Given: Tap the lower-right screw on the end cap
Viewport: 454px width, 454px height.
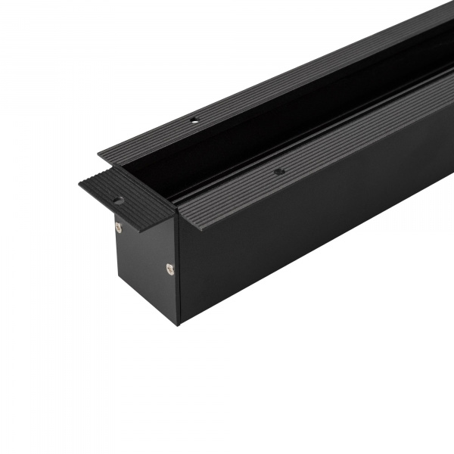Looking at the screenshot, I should [169, 266].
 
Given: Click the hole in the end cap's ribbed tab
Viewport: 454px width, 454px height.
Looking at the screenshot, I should [118, 201].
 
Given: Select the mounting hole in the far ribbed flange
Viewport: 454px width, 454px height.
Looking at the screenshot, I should [194, 120].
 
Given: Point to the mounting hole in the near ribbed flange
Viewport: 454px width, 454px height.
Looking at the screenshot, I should [279, 173].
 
